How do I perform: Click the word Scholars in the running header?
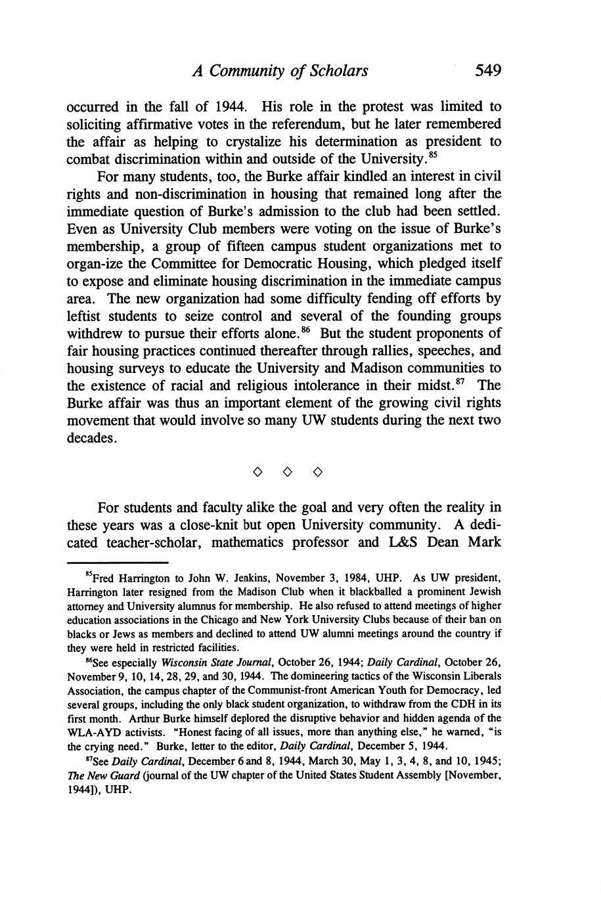click(339, 70)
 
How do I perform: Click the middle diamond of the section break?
click(287, 472)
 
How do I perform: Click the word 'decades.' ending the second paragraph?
click(93, 438)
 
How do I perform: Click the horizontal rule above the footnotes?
click(118, 563)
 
